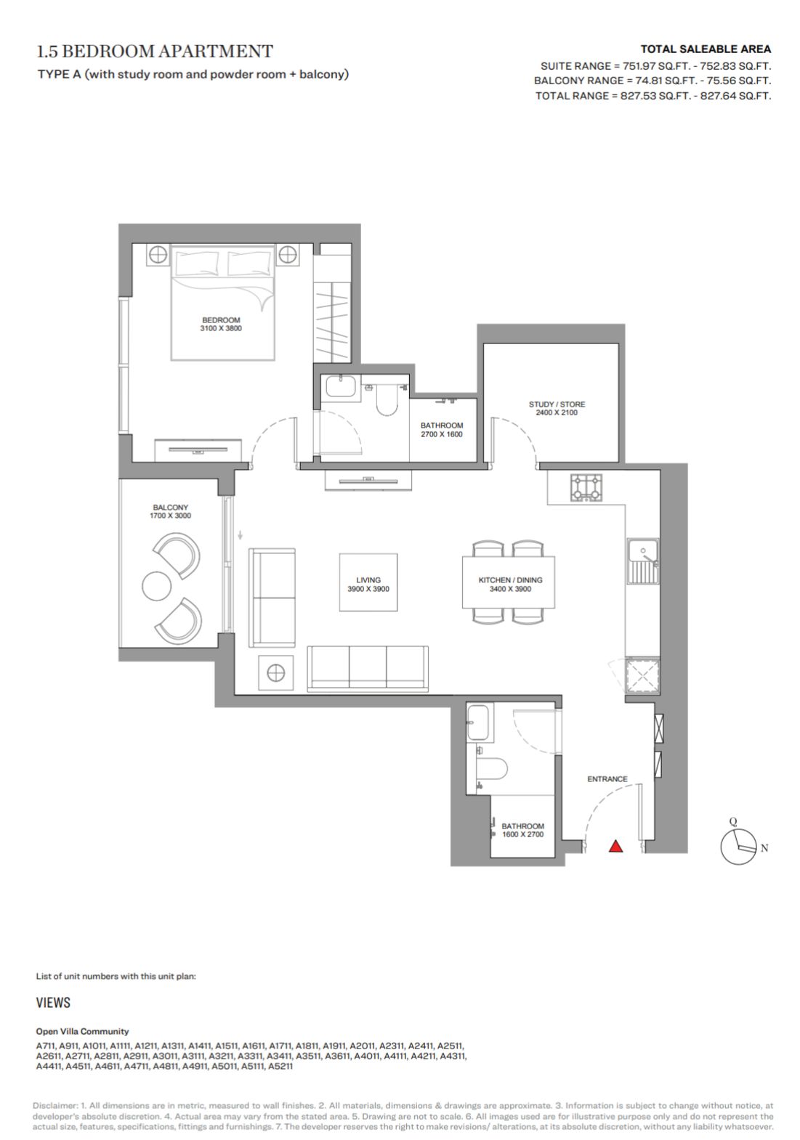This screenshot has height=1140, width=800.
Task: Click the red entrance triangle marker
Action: tap(615, 846)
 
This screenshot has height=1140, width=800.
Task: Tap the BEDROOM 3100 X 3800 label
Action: tap(220, 324)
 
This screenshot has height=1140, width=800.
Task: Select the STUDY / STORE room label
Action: tap(557, 408)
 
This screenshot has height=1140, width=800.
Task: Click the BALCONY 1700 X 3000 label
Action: tap(170, 511)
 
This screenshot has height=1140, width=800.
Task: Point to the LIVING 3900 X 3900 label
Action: tap(368, 585)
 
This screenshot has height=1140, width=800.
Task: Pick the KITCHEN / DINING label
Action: tap(510, 579)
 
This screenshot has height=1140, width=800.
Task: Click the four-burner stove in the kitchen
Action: tap(586, 487)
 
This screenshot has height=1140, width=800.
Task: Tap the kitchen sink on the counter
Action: tap(642, 561)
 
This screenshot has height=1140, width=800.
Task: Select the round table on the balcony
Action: tap(156, 586)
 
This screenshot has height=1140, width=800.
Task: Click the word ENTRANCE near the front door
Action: tap(607, 778)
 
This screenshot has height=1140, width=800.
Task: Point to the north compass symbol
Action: tap(738, 847)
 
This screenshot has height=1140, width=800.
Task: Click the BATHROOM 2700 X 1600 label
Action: tap(442, 430)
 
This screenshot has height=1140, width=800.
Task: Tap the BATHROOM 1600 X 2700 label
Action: tap(522, 830)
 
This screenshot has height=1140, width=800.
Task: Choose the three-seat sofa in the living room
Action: tap(368, 669)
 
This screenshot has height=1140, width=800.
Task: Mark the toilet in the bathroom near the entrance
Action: tap(493, 768)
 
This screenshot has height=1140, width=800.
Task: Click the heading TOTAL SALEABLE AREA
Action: tap(706, 49)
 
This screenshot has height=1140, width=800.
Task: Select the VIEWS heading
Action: tap(53, 1002)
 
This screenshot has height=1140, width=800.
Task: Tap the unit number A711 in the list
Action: tap(46, 1046)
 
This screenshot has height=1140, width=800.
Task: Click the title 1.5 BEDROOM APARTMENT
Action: tap(155, 52)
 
